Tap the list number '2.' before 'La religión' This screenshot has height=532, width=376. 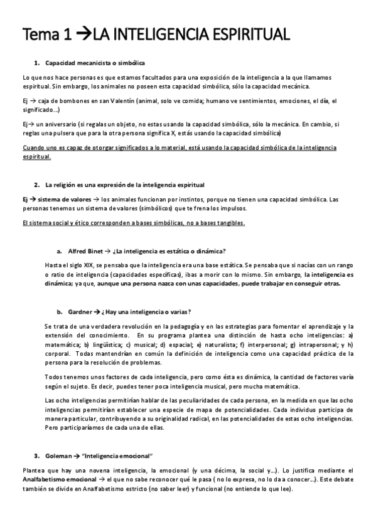[37, 184]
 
